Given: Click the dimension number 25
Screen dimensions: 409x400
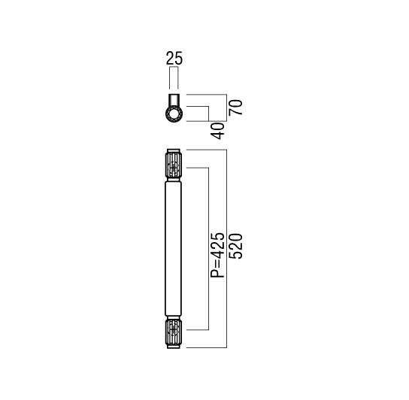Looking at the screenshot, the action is pos(174,58).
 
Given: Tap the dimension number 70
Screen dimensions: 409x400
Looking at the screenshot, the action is pos(235,108).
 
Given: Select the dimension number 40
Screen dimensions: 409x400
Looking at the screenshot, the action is pos(217,131).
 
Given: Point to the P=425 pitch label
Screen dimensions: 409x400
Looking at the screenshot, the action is pos(217,255).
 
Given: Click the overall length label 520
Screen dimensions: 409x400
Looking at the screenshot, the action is pos(235,246).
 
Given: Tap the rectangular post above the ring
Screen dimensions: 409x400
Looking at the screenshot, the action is pos(174,100).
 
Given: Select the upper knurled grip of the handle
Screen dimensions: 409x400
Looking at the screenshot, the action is pos(174,165).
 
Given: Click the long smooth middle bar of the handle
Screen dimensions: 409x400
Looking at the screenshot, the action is pos(174,248).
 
